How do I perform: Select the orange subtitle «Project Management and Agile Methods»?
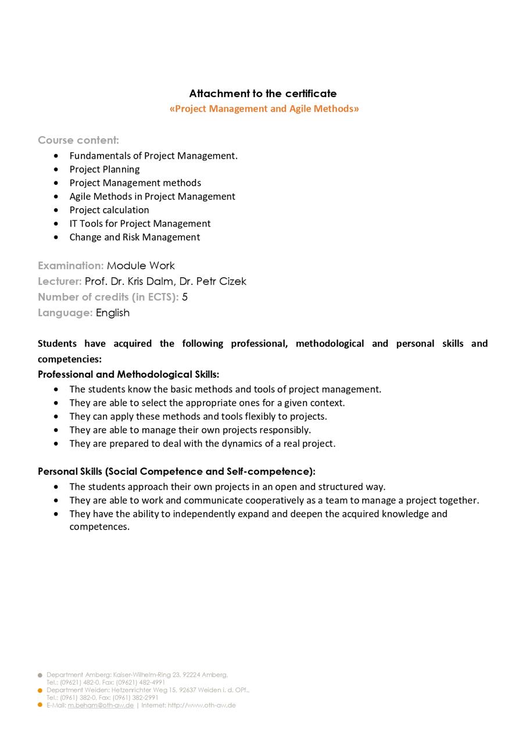click(264, 109)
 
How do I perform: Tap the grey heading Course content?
click(78, 140)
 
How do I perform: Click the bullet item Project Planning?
click(105, 169)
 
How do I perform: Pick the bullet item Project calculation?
click(109, 210)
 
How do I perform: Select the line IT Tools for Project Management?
click(140, 223)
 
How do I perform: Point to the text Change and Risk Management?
click(135, 237)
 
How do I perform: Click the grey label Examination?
click(71, 266)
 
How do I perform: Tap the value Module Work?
click(141, 266)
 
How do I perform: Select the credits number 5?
click(185, 297)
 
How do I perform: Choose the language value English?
click(113, 313)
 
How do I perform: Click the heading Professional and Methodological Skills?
click(128, 374)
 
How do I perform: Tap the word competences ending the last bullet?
click(99, 527)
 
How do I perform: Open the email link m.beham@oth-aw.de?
click(101, 706)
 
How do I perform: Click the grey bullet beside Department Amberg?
click(40, 675)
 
